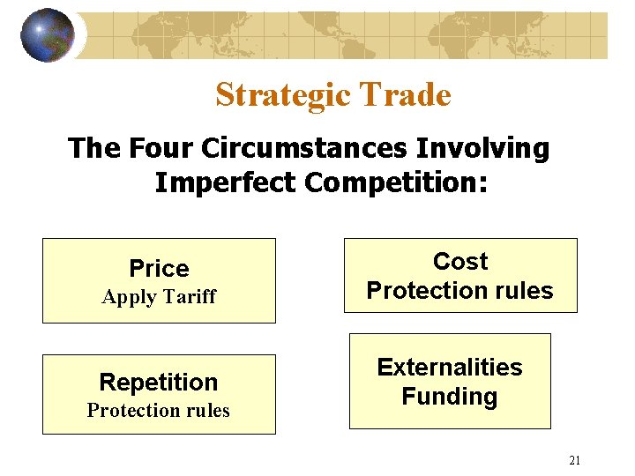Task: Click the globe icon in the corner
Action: [48, 35]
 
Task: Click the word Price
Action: [159, 268]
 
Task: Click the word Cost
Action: [460, 261]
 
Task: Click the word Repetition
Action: [159, 382]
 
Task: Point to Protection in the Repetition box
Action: [132, 410]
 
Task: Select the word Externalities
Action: [450, 367]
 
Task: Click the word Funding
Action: [450, 396]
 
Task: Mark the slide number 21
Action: [575, 460]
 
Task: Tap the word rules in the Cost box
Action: [523, 290]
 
